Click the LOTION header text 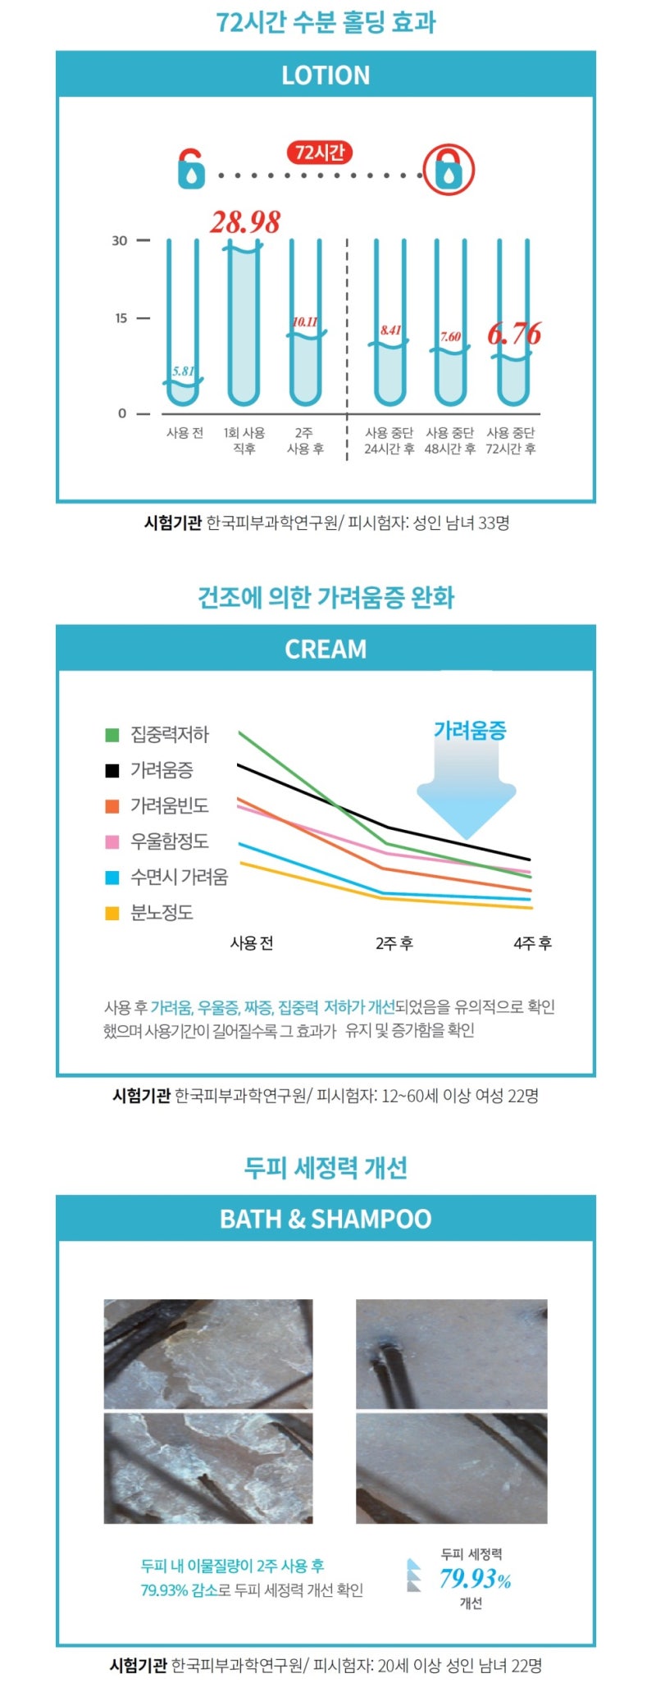(x=326, y=75)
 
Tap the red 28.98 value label (x=244, y=222)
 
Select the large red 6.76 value (x=514, y=334)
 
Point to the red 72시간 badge (x=320, y=153)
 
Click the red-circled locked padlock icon (x=449, y=170)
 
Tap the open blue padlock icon (x=191, y=170)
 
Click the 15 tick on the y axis (x=121, y=318)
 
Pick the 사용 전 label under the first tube (x=184, y=433)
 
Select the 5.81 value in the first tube (x=183, y=372)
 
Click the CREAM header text (x=326, y=649)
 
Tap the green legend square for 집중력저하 (x=112, y=735)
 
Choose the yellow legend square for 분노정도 (x=112, y=913)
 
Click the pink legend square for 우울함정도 (x=112, y=841)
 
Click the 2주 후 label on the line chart (x=394, y=943)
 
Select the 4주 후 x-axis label (x=532, y=943)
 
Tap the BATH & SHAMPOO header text (x=326, y=1219)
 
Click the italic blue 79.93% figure (x=475, y=1578)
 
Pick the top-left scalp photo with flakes (x=208, y=1353)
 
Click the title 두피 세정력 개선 (x=326, y=1167)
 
